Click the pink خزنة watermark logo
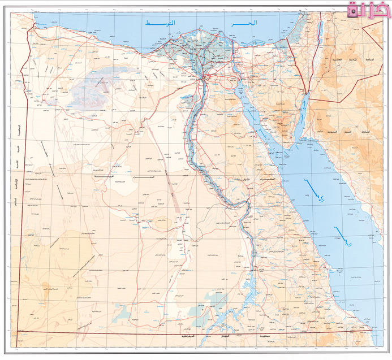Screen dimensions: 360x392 click(368, 11)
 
